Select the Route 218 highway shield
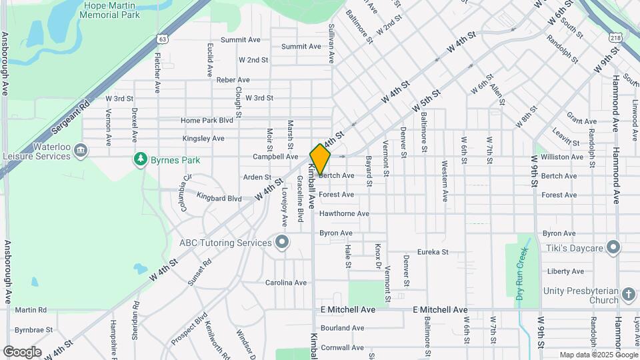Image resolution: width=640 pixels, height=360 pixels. click(x=615, y=39)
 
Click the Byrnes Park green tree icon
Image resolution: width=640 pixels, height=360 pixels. click(x=140, y=159)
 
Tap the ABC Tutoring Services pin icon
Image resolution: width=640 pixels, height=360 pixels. click(x=282, y=242)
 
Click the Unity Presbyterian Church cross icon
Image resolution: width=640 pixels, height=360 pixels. click(x=628, y=294)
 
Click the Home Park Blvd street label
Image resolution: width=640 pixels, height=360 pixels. click(x=207, y=121)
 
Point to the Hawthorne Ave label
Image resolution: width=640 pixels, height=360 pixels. click(x=344, y=214)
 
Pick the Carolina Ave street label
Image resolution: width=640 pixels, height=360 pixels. click(x=286, y=283)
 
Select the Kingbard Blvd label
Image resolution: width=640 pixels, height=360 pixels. click(x=219, y=199)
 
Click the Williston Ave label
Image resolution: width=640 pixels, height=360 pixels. click(x=562, y=157)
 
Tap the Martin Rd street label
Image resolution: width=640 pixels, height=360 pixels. click(x=31, y=310)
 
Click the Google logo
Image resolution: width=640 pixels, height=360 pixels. click(x=22, y=352)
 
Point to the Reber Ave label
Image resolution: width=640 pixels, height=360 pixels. click(x=233, y=80)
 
